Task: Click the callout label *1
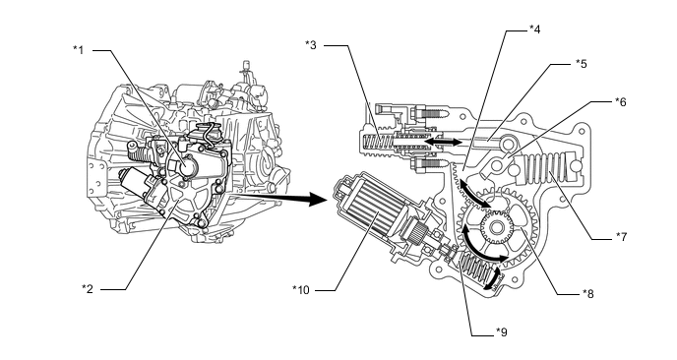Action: point(78,50)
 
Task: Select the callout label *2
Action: point(88,289)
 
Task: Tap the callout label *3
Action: point(311,45)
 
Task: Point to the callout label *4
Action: point(535,30)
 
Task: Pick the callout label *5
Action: point(582,64)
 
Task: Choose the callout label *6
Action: point(621,102)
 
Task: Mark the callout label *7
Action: point(621,236)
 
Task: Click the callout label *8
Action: point(588,294)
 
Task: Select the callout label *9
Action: point(502,331)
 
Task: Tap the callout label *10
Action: point(301,289)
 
